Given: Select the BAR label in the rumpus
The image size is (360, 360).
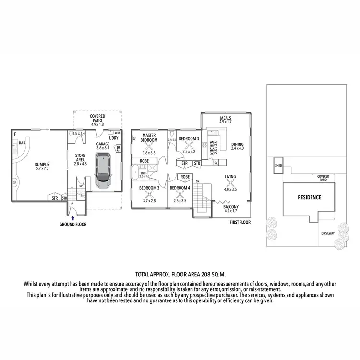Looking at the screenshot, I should [22, 143].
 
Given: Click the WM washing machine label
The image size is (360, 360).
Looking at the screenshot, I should [117, 132].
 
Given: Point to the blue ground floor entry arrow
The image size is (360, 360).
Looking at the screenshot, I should [72, 218].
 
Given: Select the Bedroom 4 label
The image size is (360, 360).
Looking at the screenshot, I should [180, 187].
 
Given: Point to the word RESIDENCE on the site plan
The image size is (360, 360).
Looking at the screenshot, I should [309, 197].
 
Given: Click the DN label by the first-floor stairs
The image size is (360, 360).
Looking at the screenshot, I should [197, 181].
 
